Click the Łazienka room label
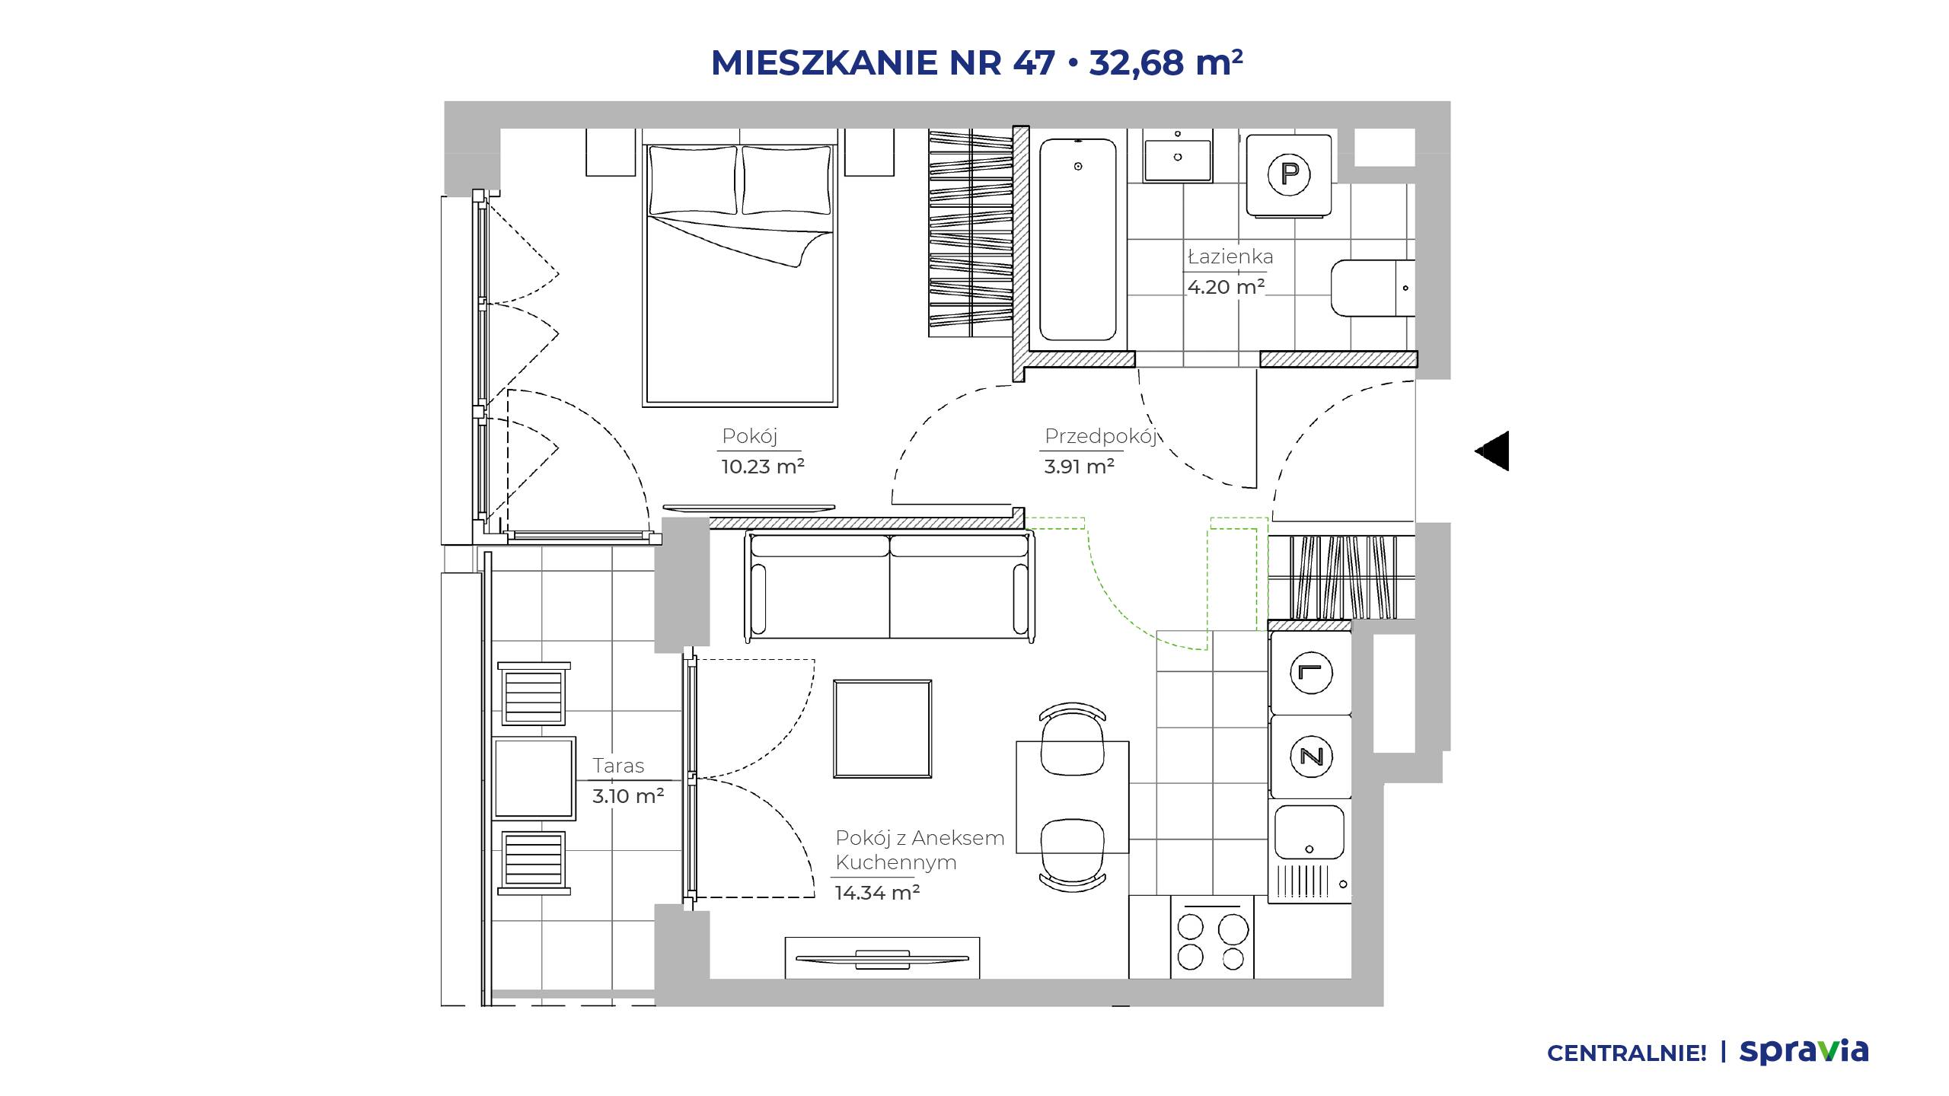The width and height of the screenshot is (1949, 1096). (1230, 256)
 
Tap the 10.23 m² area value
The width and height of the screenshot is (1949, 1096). (763, 467)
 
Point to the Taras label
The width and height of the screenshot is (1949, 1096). (618, 766)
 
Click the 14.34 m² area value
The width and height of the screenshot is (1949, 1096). (877, 892)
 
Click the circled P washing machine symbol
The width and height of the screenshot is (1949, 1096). (1289, 174)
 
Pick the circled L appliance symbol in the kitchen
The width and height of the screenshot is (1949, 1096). (1311, 673)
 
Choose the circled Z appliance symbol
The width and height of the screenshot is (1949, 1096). (1311, 757)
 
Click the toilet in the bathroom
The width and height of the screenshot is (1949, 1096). (1373, 288)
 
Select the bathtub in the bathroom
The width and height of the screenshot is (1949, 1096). (1077, 239)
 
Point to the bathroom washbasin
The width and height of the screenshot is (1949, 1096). (1178, 155)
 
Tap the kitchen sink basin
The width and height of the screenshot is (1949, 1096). (1309, 833)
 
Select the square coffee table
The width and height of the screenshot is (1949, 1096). (882, 729)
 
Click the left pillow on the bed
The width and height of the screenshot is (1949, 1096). (693, 180)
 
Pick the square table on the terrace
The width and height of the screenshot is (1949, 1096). (534, 778)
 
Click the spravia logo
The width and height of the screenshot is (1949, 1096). (1804, 1051)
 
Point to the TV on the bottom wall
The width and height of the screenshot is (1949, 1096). (882, 958)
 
